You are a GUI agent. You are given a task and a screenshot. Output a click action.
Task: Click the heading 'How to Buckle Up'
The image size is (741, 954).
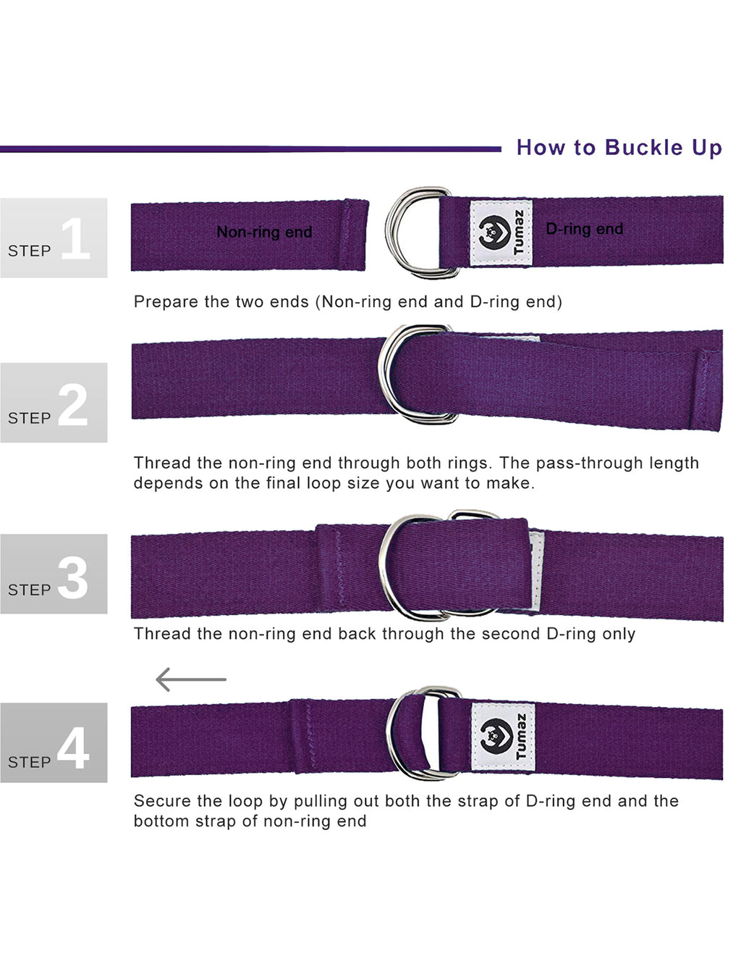click(619, 148)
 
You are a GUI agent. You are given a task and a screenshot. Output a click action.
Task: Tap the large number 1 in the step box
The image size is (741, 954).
click(75, 238)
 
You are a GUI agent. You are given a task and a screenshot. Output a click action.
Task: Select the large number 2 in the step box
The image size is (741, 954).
click(72, 404)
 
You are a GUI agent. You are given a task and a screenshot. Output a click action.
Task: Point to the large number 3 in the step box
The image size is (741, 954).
click(72, 577)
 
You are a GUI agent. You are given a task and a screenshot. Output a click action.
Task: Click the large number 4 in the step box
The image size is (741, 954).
click(72, 748)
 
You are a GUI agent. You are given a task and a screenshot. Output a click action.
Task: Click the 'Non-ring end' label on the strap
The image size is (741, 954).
click(264, 233)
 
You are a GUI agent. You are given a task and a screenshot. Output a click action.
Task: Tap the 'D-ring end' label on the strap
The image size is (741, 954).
click(584, 229)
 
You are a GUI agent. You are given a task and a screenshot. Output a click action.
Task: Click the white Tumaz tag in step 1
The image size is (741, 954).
click(501, 233)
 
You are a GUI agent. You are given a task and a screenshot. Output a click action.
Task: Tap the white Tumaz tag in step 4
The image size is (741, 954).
click(503, 737)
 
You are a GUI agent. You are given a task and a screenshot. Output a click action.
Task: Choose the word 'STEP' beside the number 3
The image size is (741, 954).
click(29, 590)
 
